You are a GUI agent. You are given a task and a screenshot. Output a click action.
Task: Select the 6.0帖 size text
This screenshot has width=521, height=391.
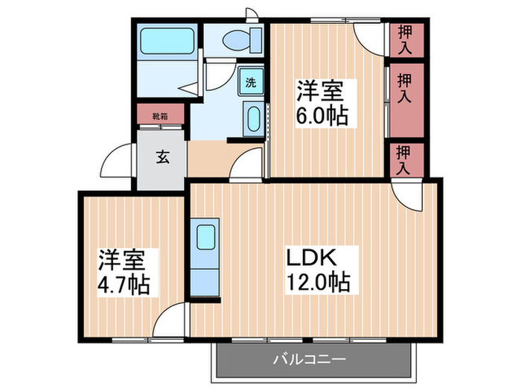click(x=321, y=116)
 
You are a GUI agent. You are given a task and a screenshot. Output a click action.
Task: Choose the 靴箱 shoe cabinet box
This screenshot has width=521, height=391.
click(x=159, y=116)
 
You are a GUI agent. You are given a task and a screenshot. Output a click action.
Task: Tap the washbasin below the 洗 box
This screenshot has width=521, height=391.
click(x=252, y=120)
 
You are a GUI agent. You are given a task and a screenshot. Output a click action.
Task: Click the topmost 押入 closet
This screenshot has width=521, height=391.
click(x=405, y=39)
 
